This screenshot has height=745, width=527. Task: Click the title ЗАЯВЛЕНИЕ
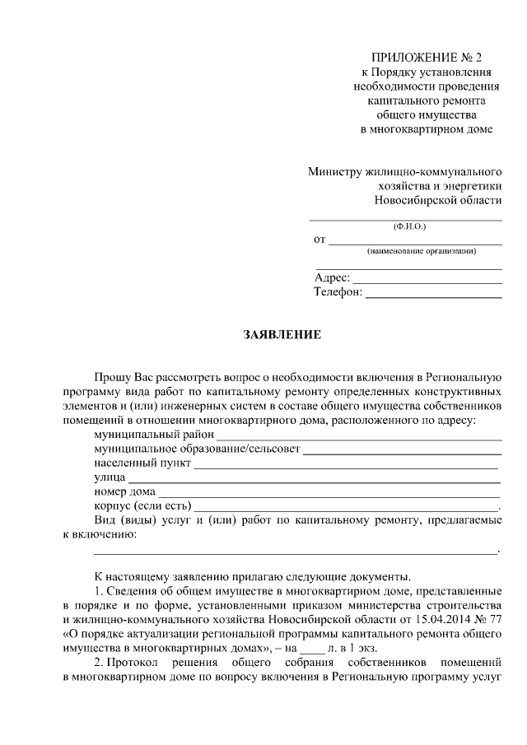tap(282, 335)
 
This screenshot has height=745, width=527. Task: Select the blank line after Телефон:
tap(433, 293)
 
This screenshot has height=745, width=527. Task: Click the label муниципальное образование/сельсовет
tap(198, 450)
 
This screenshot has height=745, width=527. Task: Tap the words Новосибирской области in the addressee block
tap(437, 201)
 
